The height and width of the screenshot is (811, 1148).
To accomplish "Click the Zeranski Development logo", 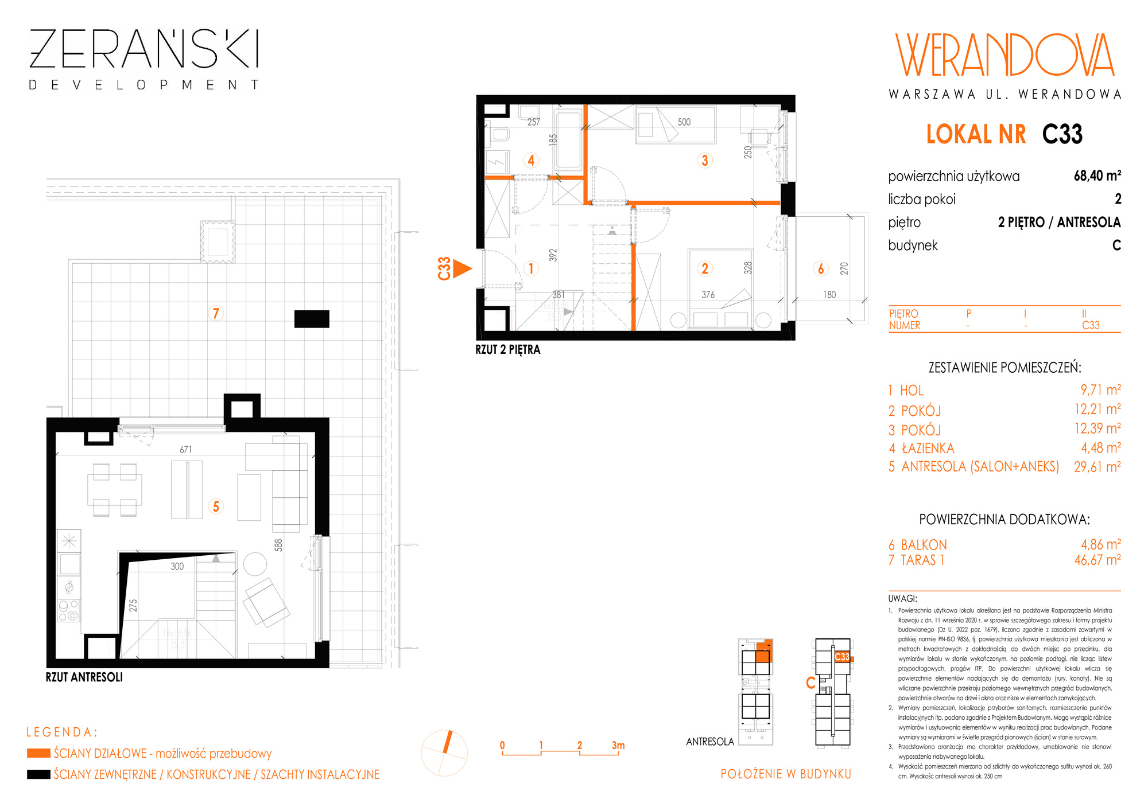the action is (143, 60).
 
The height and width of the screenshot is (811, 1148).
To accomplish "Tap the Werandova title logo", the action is (1004, 55).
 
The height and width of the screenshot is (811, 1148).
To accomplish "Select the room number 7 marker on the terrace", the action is (216, 313).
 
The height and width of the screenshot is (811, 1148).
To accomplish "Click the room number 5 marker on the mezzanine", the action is (216, 506).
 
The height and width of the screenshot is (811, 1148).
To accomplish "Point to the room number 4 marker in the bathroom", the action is (531, 161).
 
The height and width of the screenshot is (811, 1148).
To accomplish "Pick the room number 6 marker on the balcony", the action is (821, 268).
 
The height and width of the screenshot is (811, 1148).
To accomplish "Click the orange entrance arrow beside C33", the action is (462, 268).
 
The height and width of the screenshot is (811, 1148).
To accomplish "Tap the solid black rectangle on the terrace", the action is (312, 319).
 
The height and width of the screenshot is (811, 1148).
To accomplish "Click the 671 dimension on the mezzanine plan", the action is (186, 450).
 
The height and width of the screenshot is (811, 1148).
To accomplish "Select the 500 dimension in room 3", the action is (684, 122).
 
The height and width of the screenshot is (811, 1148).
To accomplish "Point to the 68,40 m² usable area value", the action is (1097, 176).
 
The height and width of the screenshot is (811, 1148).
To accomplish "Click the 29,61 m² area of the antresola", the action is (1097, 467).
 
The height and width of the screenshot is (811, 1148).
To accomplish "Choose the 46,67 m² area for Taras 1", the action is (1097, 560).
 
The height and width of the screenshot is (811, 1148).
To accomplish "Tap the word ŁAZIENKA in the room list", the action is (928, 448).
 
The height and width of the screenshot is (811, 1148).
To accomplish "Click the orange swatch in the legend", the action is (38, 753).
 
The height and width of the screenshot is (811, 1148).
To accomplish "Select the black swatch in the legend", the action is (38, 774).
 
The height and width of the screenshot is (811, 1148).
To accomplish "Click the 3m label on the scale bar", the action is (618, 745).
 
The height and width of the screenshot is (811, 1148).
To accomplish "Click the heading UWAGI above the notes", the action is (902, 598).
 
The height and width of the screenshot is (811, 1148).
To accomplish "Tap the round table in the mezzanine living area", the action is (255, 564).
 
